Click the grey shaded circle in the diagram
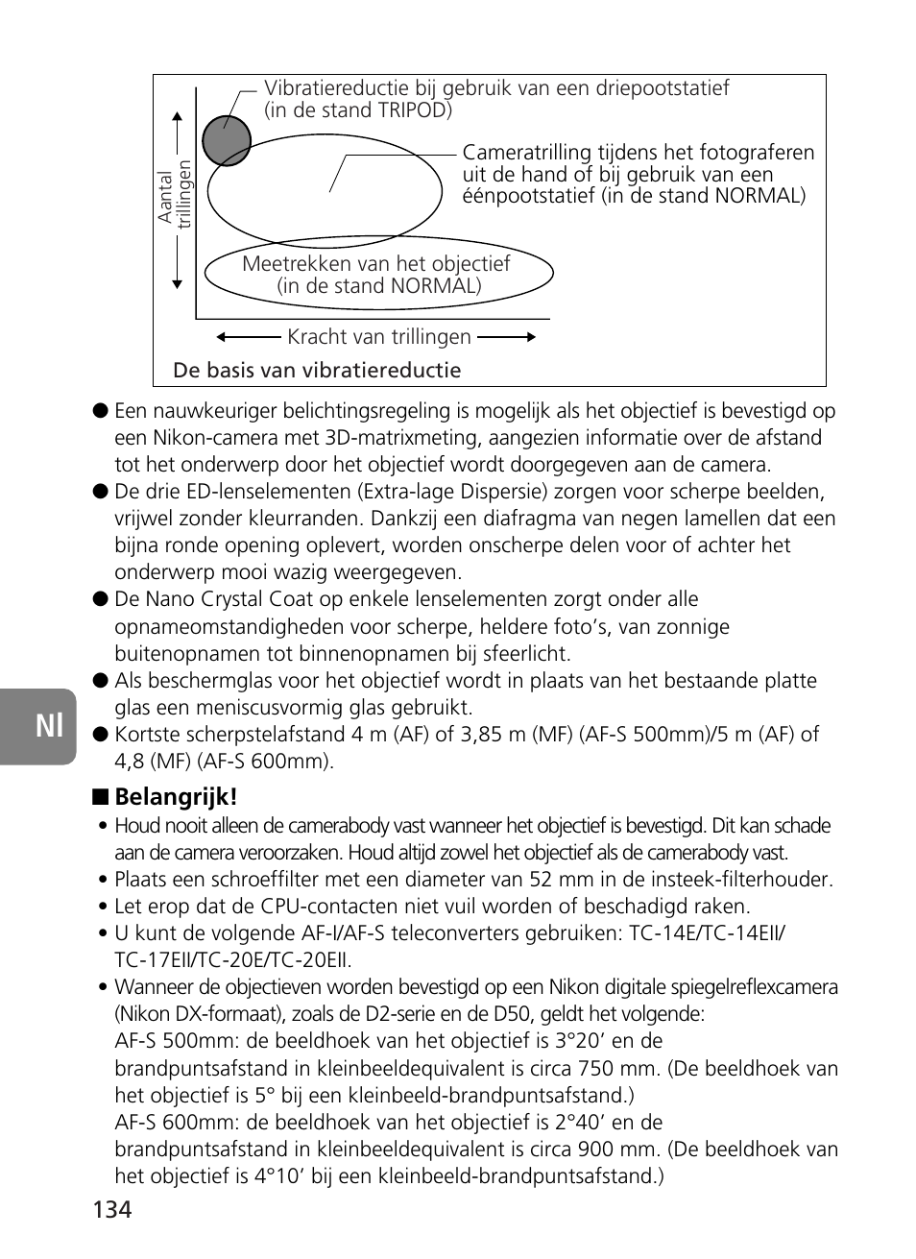[227, 141]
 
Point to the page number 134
[112, 1209]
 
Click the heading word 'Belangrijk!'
[176, 797]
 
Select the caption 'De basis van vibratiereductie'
[317, 371]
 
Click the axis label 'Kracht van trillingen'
[379, 337]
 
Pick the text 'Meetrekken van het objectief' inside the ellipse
[375, 264]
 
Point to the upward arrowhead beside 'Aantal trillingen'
[178, 117]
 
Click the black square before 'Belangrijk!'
[99, 798]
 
